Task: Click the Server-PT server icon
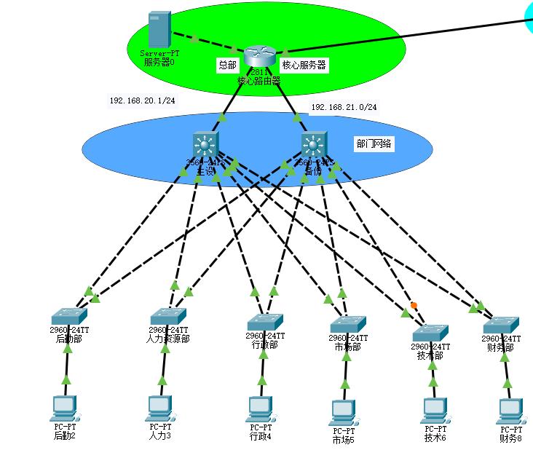pyautogui.click(x=159, y=31)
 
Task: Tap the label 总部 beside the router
pyautogui.click(x=227, y=66)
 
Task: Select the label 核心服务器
pyautogui.click(x=304, y=66)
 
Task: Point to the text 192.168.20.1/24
pyautogui.click(x=142, y=100)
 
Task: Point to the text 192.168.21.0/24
pyautogui.click(x=344, y=107)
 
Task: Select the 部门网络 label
pyautogui.click(x=374, y=144)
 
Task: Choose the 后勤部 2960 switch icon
pyautogui.click(x=69, y=315)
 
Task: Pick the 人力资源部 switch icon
pyautogui.click(x=169, y=315)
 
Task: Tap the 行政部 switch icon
pyautogui.click(x=265, y=321)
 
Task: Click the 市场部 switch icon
pyautogui.click(x=348, y=323)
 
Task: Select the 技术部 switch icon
pyautogui.click(x=430, y=332)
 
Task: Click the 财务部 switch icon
pyautogui.click(x=501, y=323)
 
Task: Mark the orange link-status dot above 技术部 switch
pyautogui.click(x=413, y=304)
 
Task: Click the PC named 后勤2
pyautogui.click(x=65, y=408)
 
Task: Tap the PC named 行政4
pyautogui.click(x=259, y=408)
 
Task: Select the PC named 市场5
pyautogui.click(x=342, y=412)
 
